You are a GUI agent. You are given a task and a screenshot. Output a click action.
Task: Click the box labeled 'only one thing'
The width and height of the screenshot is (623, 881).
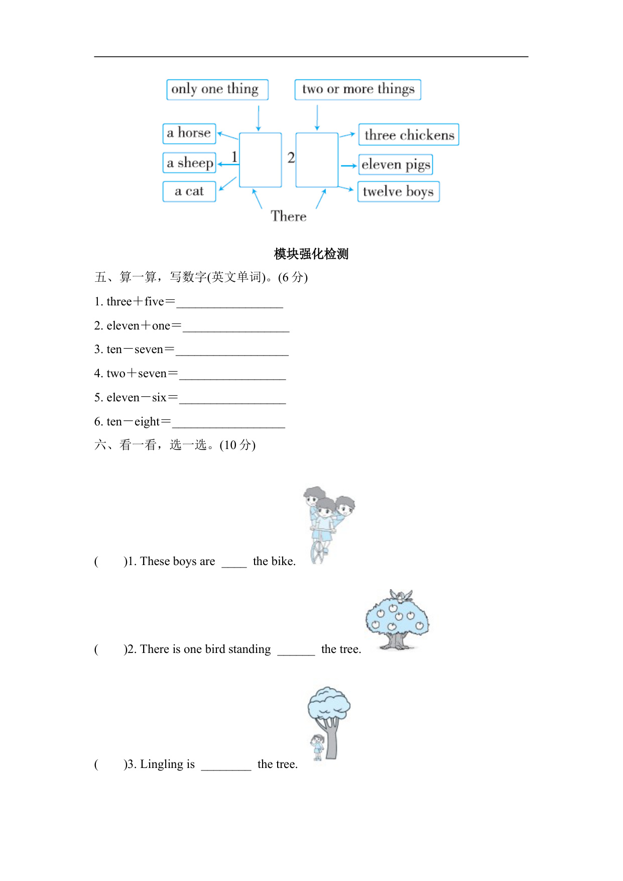coord(217,89)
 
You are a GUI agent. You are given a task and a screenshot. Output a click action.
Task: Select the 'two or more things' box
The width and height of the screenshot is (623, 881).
coord(357,89)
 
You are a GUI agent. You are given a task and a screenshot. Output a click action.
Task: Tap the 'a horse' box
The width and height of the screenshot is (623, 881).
coord(189,134)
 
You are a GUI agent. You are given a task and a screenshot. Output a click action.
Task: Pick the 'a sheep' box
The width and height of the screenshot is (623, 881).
coord(189,163)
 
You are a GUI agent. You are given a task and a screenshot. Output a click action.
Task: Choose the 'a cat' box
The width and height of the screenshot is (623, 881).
coord(189,191)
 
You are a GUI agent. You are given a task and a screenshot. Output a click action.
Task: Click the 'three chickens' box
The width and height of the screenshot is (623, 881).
coord(409,135)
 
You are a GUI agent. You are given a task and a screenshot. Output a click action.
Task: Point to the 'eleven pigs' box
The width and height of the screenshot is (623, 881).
coord(396,165)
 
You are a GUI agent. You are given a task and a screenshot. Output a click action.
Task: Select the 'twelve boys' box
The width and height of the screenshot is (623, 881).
coord(398,192)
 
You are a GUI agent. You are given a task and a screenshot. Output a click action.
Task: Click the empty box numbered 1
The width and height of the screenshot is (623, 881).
coord(260,160)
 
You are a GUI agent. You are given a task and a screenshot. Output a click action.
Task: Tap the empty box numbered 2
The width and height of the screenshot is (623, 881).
coord(317,160)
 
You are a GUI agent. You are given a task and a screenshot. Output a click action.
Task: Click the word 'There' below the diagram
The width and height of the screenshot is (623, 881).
coord(289,216)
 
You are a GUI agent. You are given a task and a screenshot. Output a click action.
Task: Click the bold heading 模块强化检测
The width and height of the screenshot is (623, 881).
coord(311,254)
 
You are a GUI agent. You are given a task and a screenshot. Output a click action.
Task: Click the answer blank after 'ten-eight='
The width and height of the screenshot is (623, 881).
coord(228,423)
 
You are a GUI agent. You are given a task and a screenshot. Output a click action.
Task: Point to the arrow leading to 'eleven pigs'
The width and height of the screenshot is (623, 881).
coord(348,165)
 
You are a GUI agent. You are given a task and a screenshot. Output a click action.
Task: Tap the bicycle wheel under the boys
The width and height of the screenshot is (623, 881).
coord(317,552)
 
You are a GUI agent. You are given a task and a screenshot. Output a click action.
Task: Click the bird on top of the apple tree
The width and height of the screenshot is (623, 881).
coord(402,596)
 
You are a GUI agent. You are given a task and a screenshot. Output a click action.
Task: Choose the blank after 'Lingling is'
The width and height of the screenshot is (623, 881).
coord(226,765)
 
